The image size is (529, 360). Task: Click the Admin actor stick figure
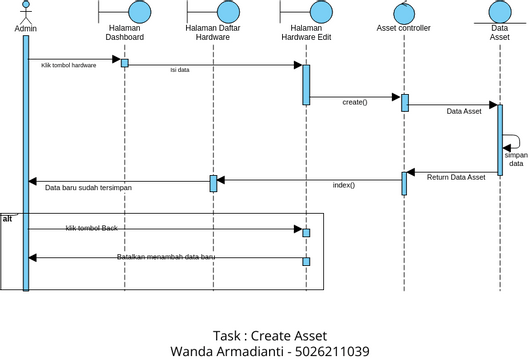click(x=26, y=12)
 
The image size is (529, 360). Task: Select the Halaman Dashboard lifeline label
click(x=124, y=33)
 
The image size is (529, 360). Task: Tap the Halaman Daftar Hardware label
click(x=213, y=33)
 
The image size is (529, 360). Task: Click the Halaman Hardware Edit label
click(x=307, y=33)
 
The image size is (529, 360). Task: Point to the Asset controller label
click(x=403, y=28)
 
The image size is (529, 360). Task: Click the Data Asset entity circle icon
click(x=500, y=11)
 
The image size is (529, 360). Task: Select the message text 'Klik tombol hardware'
click(x=69, y=65)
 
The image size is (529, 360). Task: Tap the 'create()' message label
click(x=354, y=102)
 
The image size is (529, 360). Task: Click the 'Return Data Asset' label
click(x=456, y=177)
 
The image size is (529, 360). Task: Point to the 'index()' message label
click(x=344, y=185)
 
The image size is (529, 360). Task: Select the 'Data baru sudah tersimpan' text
click(x=88, y=187)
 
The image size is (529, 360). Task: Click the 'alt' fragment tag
click(x=8, y=218)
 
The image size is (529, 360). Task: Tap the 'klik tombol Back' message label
click(x=92, y=229)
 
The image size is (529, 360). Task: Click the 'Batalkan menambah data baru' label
click(x=166, y=257)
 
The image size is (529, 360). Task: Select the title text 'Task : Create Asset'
click(x=270, y=335)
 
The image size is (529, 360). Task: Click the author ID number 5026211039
click(x=332, y=351)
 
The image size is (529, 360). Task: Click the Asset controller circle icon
click(x=405, y=12)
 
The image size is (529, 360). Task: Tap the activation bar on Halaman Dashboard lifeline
click(x=125, y=63)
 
